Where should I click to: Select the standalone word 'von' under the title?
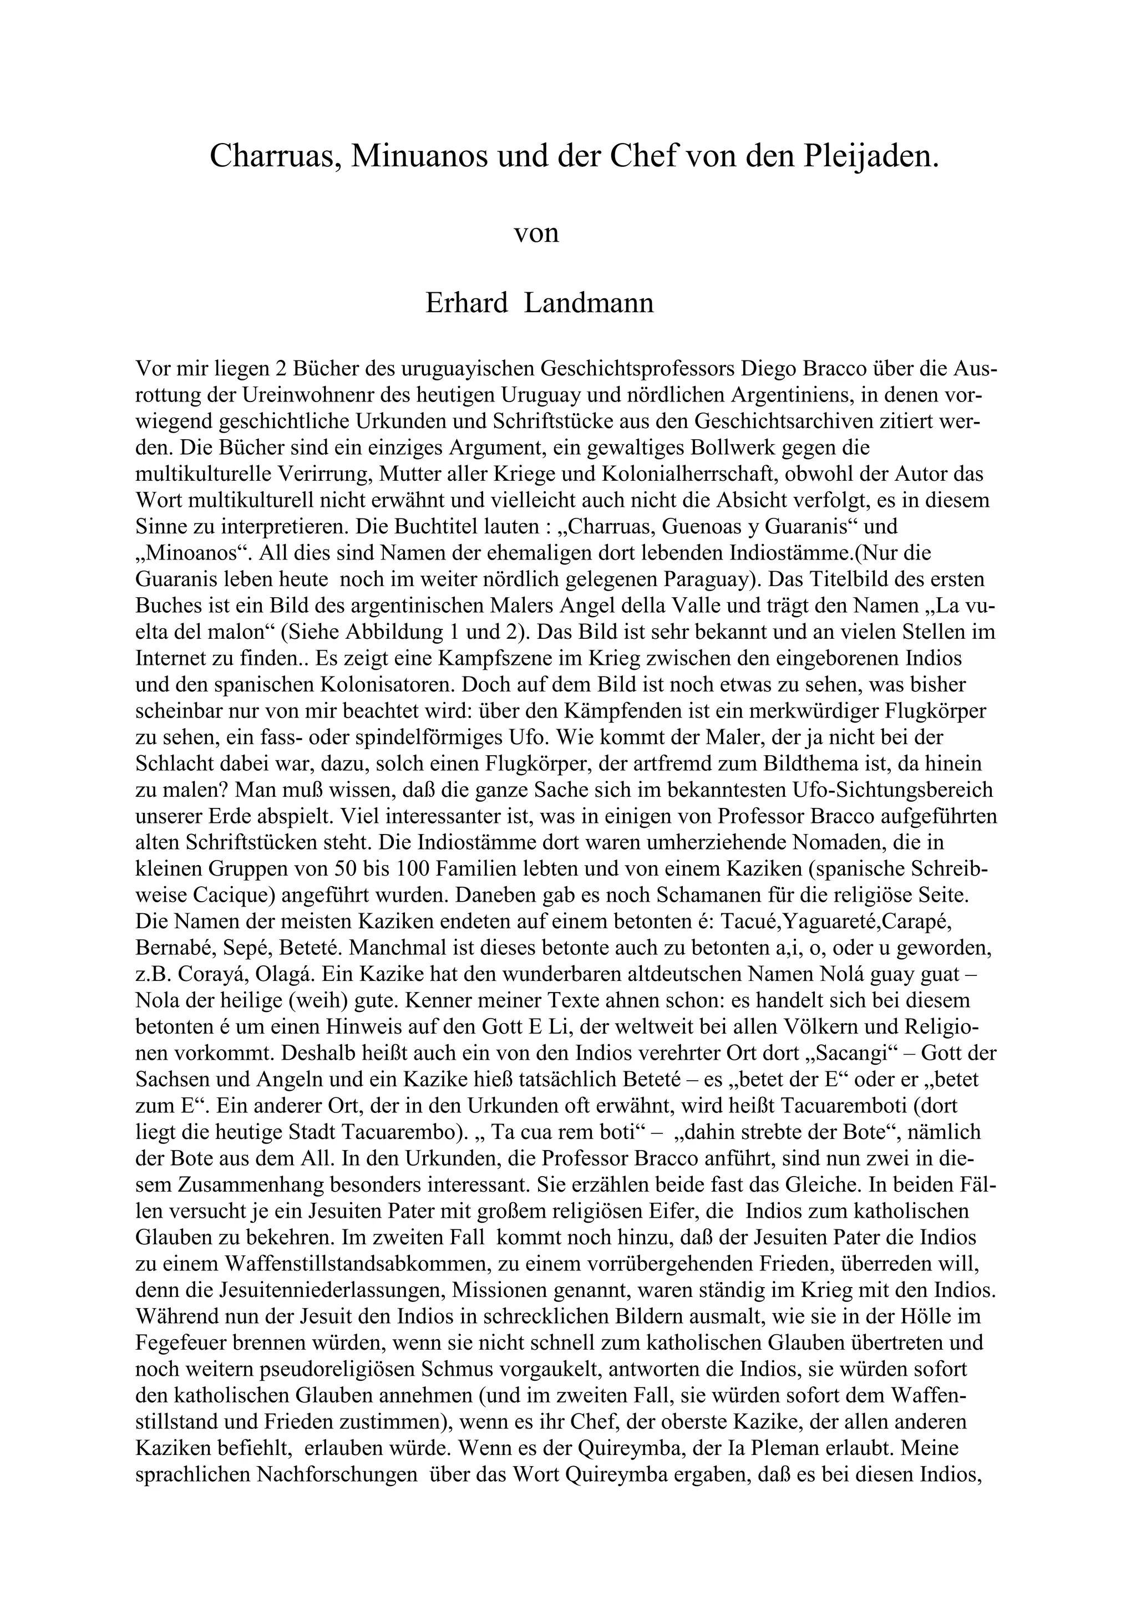(x=537, y=232)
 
